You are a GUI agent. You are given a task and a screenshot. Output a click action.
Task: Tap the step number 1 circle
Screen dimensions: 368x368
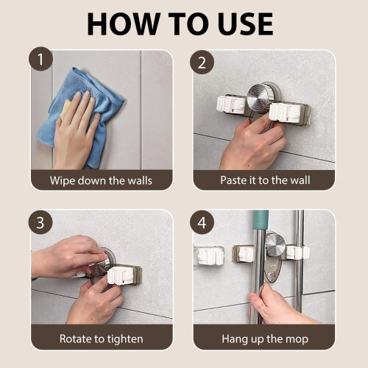40,59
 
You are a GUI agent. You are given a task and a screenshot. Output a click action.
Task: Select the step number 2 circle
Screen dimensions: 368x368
202,63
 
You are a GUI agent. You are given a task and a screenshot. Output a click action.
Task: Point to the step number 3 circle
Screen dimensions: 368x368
40,222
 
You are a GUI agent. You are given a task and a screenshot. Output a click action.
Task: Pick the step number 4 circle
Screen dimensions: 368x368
202,222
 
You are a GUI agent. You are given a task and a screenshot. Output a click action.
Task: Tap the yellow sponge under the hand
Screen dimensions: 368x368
66,109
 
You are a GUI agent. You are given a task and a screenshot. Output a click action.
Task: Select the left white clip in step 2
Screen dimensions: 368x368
231,105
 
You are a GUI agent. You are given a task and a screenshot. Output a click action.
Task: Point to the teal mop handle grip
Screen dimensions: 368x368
261,220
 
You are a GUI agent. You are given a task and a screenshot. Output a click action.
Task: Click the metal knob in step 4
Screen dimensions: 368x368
275,245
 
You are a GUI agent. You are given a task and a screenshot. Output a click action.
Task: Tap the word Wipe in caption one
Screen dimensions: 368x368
62,181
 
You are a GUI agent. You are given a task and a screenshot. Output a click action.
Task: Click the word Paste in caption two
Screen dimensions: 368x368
233,180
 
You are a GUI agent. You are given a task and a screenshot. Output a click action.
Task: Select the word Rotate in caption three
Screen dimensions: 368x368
75,339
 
